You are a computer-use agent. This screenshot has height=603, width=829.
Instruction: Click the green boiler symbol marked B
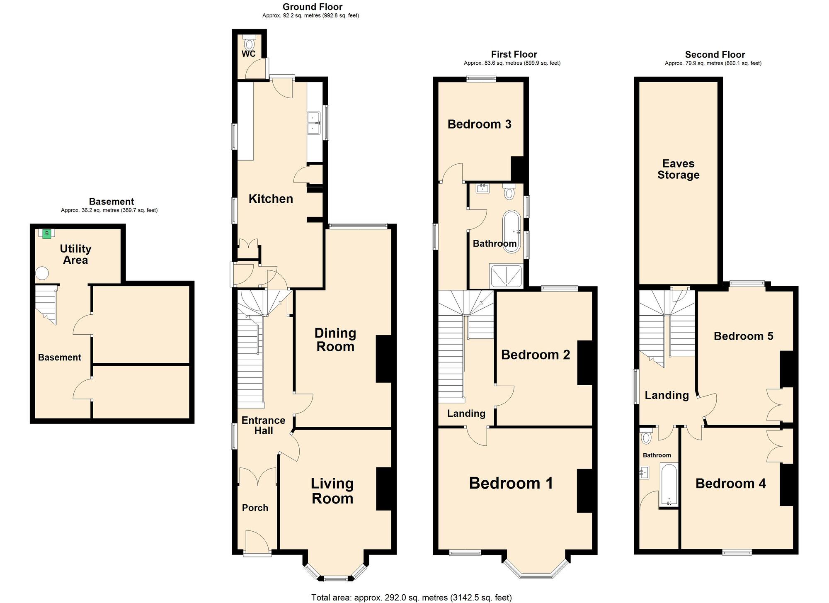(47, 233)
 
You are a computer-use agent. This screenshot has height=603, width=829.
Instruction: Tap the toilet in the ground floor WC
(249, 43)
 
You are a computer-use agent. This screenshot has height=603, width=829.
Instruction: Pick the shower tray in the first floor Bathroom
(506, 276)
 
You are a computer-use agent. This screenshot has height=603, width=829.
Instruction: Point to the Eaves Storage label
(678, 169)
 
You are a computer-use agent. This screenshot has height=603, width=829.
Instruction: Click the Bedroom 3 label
(479, 124)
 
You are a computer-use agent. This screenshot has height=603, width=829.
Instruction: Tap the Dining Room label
(335, 340)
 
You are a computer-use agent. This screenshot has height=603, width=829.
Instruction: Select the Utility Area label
(75, 254)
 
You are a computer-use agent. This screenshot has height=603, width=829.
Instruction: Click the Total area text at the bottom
(411, 597)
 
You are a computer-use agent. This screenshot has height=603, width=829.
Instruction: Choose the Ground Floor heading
(312, 7)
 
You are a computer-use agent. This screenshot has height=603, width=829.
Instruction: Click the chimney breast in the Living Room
(384, 489)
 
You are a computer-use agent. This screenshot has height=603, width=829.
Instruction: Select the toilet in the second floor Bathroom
(645, 437)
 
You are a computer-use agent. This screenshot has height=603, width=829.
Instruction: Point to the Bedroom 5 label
(743, 336)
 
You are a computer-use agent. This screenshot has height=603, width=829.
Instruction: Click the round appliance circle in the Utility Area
(42, 273)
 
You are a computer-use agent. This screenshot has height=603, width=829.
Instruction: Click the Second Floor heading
(715, 54)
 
